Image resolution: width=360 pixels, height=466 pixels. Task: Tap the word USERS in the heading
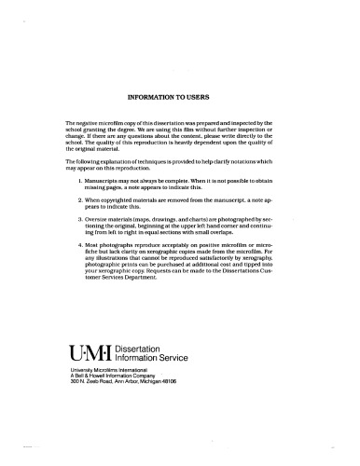210,95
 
